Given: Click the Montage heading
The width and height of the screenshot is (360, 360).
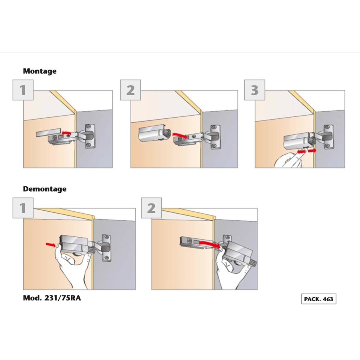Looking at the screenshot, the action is click(40, 71).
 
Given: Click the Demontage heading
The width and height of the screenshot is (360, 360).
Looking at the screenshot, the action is click(45, 189).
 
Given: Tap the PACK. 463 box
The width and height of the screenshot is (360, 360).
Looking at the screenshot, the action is click(319, 299).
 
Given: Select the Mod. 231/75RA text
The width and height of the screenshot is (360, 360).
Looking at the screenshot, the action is click(52, 298).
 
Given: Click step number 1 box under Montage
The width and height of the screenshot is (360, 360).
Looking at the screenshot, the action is click(23, 90).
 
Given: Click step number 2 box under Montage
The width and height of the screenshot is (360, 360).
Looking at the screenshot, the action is click(130, 90).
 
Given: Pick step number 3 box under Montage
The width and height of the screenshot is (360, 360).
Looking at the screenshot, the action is click(255, 90).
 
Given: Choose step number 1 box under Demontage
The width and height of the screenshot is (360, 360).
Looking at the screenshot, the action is click(23, 208).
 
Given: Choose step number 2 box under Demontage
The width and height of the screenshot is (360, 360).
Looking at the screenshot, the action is click(151, 208).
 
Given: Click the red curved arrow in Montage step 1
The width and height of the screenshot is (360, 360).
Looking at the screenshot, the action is click(66, 132).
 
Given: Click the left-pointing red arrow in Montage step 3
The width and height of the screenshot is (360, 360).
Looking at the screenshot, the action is click(302, 152).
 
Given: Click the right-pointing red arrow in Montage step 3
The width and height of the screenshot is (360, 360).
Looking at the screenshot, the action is click(312, 151).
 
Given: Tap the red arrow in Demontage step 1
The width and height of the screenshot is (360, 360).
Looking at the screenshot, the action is click(51, 245).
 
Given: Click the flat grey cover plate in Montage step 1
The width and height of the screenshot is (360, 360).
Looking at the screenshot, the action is click(48, 133).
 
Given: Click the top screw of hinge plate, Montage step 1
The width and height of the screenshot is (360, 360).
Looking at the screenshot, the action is click(88, 127).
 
